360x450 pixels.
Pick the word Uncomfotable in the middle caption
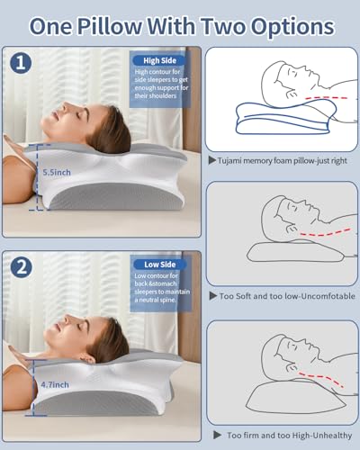pyautogui.click(x=322, y=296)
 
